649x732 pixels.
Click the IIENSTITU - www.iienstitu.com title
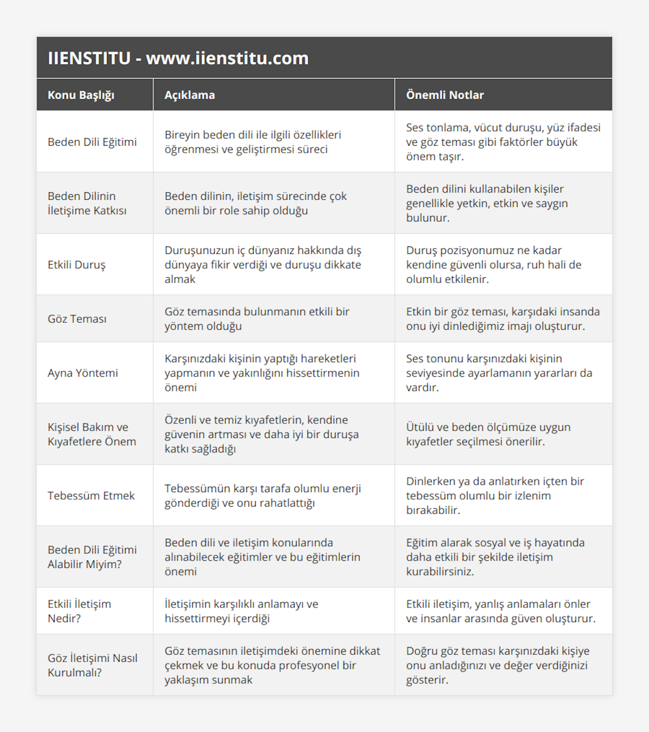178,58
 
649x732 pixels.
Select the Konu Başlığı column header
81,95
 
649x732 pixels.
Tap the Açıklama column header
189,95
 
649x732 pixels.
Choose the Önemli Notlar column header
445,95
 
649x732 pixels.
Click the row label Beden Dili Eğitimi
92,142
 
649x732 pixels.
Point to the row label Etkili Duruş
76,265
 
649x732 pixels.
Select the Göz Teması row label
77,319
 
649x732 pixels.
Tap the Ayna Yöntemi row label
83,373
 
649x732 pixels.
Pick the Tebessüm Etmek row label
91,495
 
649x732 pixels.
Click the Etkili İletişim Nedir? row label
79,611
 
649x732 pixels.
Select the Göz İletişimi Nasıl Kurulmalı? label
92,665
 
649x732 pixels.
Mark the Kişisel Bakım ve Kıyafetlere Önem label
92,434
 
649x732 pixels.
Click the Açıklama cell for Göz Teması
257,319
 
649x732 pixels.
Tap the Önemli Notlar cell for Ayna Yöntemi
499,373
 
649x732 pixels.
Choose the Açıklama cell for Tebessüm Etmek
262,495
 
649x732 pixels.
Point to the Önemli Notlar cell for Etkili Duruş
493,265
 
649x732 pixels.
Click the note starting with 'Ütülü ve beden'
488,434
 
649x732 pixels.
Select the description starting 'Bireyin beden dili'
253,142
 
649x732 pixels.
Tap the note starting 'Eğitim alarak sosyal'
495,557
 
